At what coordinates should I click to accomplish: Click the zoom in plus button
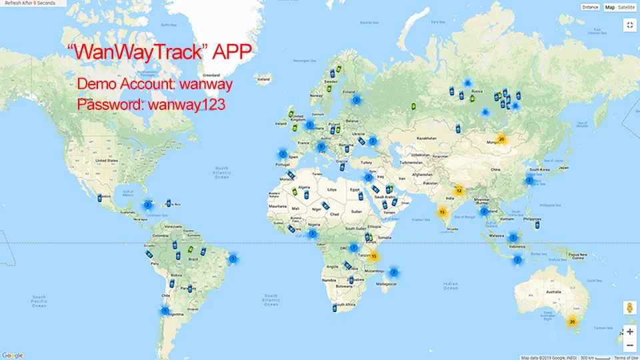click(x=629, y=331)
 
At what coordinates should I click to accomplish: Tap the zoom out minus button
click(x=629, y=345)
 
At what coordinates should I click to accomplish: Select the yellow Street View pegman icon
click(x=629, y=307)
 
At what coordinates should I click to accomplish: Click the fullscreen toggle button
click(x=629, y=25)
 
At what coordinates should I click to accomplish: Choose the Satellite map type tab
click(x=627, y=7)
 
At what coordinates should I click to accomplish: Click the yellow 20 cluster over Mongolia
click(x=502, y=139)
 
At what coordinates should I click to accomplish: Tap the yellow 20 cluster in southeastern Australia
click(x=571, y=322)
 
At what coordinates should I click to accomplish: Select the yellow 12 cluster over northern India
click(x=459, y=191)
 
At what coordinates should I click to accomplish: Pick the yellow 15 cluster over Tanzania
click(x=375, y=256)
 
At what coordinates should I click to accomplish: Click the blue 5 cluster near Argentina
click(x=165, y=310)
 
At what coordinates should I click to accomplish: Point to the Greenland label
click(x=211, y=75)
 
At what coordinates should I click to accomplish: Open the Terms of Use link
click(x=626, y=357)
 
